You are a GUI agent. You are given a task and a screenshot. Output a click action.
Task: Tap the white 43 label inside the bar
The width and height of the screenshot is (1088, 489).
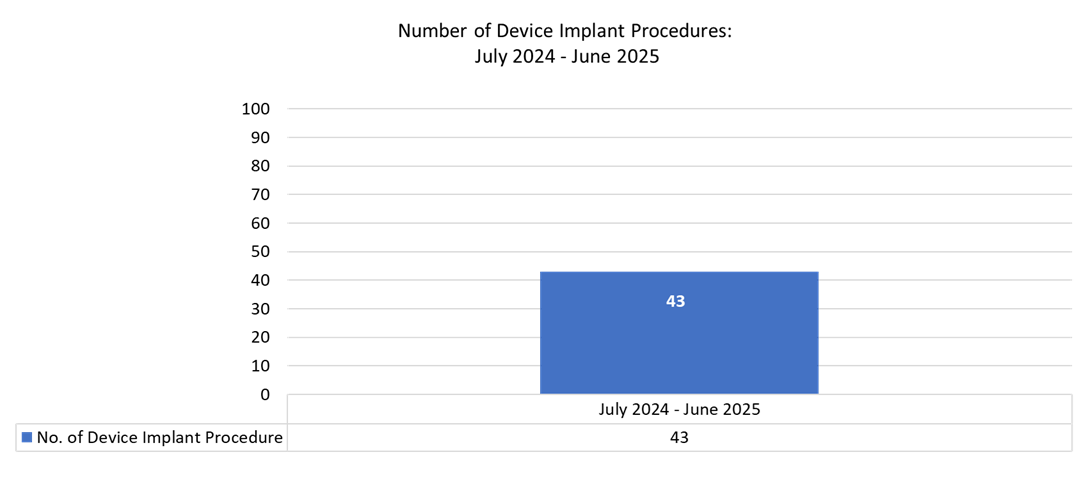click(x=675, y=300)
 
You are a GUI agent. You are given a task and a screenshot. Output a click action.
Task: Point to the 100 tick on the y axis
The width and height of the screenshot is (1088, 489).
click(x=257, y=109)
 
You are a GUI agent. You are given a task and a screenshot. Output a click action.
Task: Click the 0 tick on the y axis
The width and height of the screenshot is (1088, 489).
click(x=265, y=394)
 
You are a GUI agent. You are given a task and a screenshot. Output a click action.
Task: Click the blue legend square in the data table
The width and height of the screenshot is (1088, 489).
click(x=27, y=438)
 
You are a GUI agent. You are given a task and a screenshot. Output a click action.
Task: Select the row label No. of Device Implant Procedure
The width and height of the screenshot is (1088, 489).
click(x=160, y=438)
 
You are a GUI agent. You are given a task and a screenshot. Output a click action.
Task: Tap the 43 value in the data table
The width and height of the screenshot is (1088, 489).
click(x=679, y=438)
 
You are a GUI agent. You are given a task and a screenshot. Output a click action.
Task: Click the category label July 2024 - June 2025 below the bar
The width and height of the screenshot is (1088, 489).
click(x=679, y=409)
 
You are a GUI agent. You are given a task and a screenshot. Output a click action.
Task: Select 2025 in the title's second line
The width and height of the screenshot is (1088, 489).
click(x=636, y=56)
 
